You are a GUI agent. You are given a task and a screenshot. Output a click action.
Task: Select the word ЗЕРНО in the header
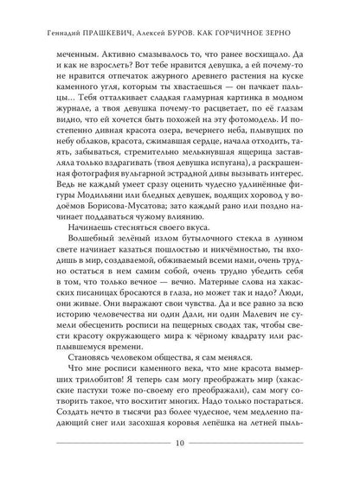293,13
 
